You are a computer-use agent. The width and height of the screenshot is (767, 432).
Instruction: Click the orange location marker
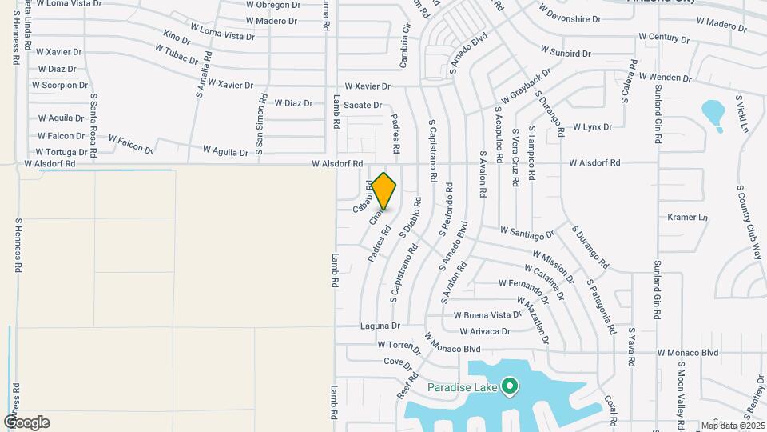[x=384, y=190]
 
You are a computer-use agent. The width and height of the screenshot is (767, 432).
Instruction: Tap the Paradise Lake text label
[x=463, y=388]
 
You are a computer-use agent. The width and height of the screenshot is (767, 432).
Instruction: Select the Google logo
[x=26, y=422]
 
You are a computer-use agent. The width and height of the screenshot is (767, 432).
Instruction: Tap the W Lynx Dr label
[x=592, y=127]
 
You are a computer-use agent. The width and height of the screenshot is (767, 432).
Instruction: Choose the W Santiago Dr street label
[x=527, y=232]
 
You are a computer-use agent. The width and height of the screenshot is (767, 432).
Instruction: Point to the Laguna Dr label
[x=380, y=326]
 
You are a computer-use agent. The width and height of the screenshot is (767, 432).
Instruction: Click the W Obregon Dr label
[x=272, y=5]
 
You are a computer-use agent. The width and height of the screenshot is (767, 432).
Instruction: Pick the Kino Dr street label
[x=177, y=38]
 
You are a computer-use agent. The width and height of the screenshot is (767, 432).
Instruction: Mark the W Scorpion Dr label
[x=60, y=85]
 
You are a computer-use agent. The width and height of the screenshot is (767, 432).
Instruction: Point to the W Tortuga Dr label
[x=62, y=152]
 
